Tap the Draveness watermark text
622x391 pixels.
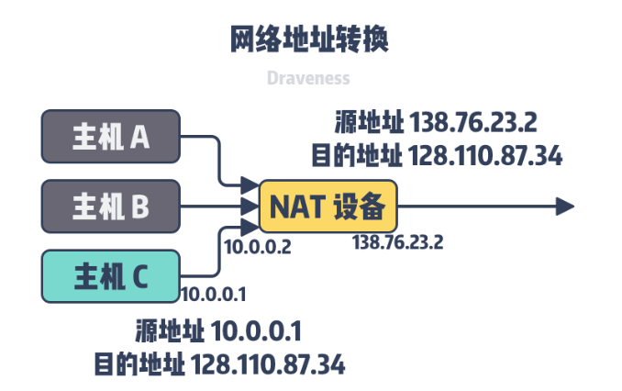click(x=308, y=78)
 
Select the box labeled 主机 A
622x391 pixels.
click(x=111, y=138)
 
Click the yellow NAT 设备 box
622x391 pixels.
click(x=328, y=207)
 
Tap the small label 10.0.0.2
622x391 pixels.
click(x=258, y=247)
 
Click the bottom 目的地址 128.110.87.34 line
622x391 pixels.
click(x=219, y=363)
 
